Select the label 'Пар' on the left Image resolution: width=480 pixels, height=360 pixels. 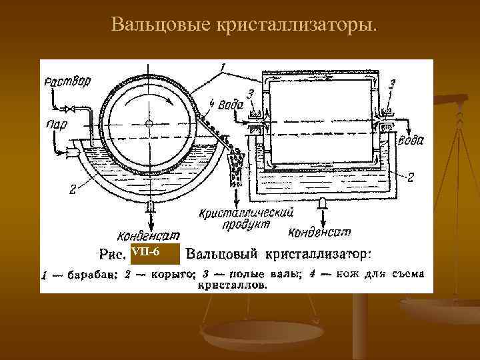coord(56,125)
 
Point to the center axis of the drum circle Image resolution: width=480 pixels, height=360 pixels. coord(149,124)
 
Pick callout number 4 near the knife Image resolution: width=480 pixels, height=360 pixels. coord(212,103)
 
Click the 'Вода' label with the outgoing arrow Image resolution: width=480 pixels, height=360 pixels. coord(411,141)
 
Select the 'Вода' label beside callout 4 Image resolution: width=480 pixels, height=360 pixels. coord(230,103)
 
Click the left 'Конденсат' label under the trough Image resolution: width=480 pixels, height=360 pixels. coord(147,234)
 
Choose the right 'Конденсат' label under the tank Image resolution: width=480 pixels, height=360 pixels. coord(320,233)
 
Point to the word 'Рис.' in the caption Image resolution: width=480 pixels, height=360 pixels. coord(113,254)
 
